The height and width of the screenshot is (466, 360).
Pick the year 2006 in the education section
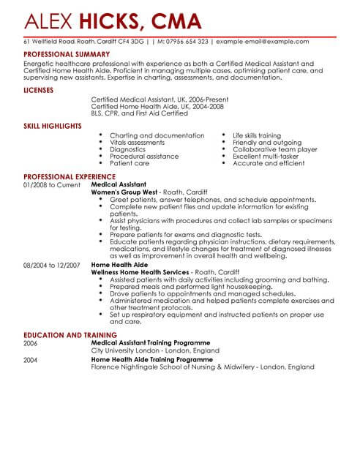31,342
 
